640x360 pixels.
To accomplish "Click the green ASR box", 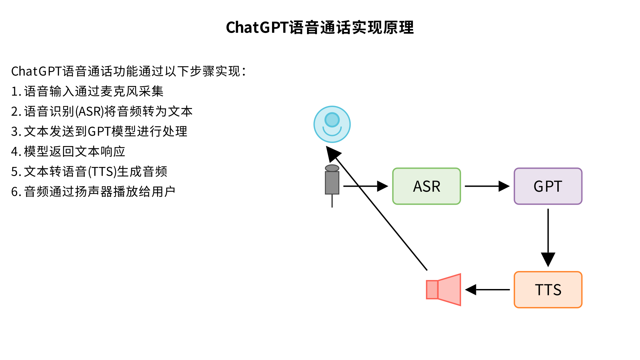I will (x=426, y=186).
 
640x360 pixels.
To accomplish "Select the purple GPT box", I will (x=548, y=186).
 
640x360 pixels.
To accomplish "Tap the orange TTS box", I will (x=548, y=290).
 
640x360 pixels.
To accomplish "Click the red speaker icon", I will (x=444, y=290).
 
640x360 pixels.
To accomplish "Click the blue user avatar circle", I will (x=332, y=124).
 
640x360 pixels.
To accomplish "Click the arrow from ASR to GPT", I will (x=487, y=186).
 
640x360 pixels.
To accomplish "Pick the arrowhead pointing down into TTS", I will (x=548, y=259).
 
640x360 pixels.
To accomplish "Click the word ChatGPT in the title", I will (x=257, y=28).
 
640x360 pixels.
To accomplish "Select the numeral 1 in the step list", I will (x=14, y=92).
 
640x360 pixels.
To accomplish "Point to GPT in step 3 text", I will (x=99, y=132).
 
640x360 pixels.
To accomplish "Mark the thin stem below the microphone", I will (x=332, y=201).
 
